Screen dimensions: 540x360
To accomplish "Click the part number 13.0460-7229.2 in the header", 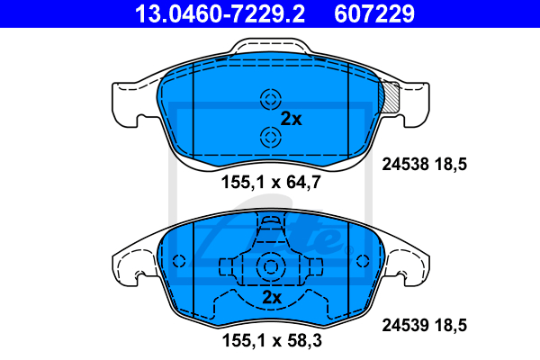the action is pos(220,13).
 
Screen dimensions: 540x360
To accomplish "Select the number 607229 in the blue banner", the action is pos(374,13).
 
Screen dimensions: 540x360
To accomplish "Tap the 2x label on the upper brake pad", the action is pos(291,119).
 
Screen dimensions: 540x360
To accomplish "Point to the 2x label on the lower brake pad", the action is pos(272,297).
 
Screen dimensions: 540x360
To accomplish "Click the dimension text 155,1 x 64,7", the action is pos(271,182).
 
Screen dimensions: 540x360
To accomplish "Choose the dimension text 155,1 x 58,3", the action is pos(272,341).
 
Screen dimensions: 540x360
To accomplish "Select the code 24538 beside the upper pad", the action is pos(406,164).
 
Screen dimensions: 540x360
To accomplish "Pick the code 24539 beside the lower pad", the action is pos(406,325).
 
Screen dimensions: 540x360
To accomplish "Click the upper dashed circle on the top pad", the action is pos(271,100).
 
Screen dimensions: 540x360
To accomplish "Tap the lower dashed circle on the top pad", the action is pos(271,137).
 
